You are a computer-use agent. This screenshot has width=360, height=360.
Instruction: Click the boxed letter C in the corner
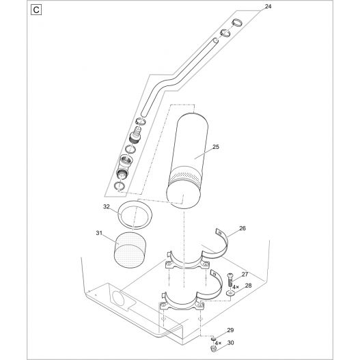coord(36,12)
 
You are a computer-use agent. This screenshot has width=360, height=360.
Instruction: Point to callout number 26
coord(243,230)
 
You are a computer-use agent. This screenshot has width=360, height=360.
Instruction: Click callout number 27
coord(244,273)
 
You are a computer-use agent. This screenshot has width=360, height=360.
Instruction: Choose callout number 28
coord(248,286)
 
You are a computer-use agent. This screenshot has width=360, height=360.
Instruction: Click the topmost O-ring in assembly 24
coord(236,24)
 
